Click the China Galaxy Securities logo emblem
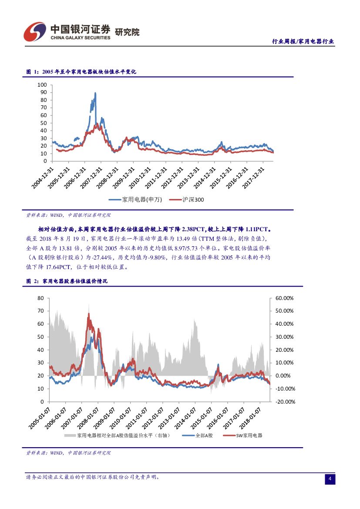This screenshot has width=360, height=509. pos(34,32)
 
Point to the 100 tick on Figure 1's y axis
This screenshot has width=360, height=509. pos(42,84)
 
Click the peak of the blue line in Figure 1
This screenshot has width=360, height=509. pos(95,93)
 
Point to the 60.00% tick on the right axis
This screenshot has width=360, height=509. pos(285,298)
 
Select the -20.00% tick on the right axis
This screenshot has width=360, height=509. pos(285,401)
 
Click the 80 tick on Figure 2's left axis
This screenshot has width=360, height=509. pos(41,298)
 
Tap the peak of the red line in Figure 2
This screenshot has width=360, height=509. pos(89,313)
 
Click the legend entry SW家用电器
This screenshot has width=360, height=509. pos(249,435)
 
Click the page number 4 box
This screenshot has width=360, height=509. pos(330,479)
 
